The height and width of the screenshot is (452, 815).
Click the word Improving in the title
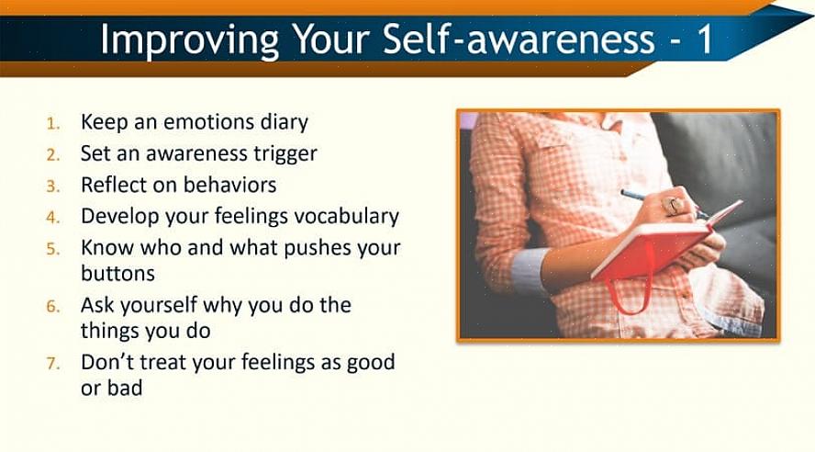pos(190,39)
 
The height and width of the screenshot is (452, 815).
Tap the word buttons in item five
pos(118,273)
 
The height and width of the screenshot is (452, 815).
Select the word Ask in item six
pos(97,305)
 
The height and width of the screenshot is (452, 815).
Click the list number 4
pos(52,218)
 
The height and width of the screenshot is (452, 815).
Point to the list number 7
pos(52,363)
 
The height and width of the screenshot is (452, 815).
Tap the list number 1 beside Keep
pos(52,124)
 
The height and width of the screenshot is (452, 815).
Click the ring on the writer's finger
pos(675,206)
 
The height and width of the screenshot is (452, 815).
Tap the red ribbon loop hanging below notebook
pos(628,294)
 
